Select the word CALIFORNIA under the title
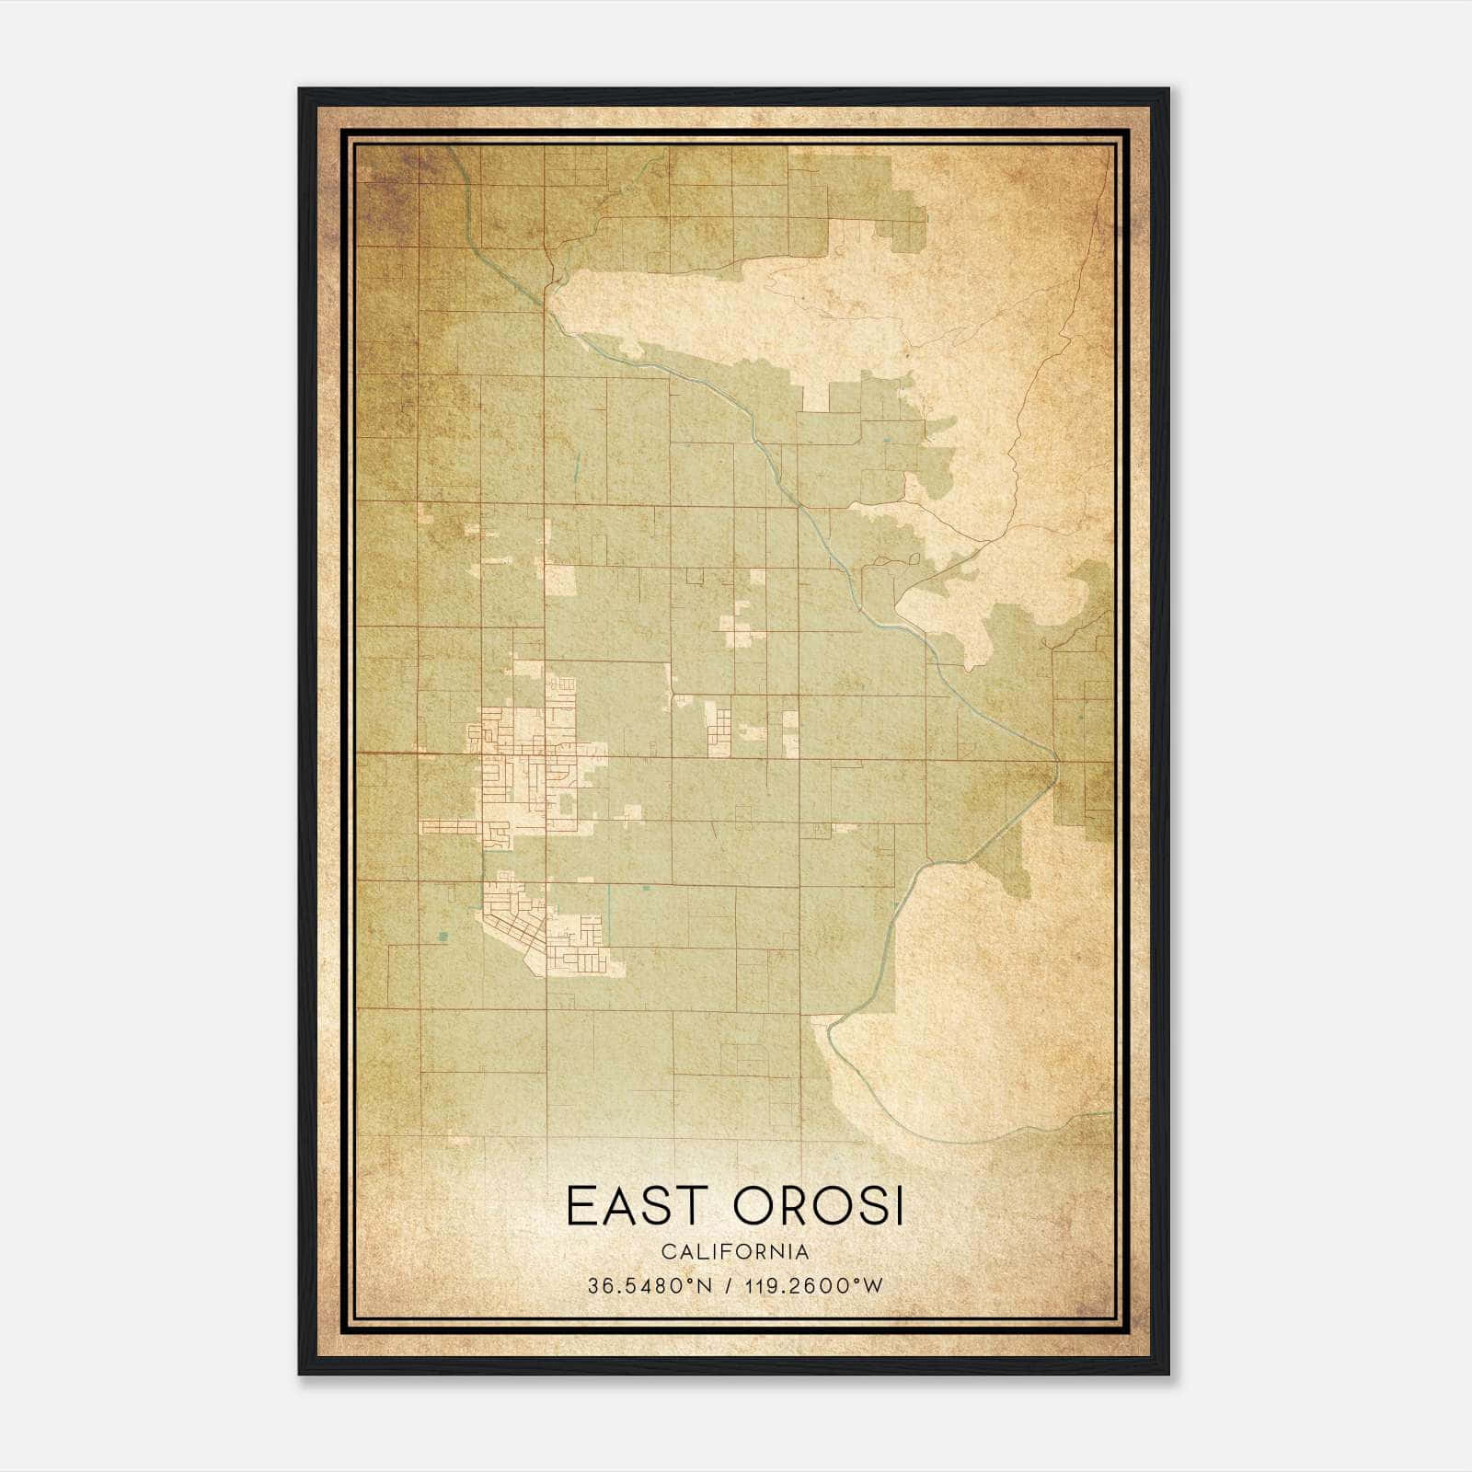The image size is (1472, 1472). [x=735, y=1251]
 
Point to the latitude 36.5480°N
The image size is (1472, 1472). [x=650, y=1286]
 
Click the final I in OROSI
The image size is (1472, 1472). [x=898, y=1206]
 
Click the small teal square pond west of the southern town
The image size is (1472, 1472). [x=443, y=937]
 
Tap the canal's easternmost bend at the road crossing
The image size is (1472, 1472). [x=1057, y=761]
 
